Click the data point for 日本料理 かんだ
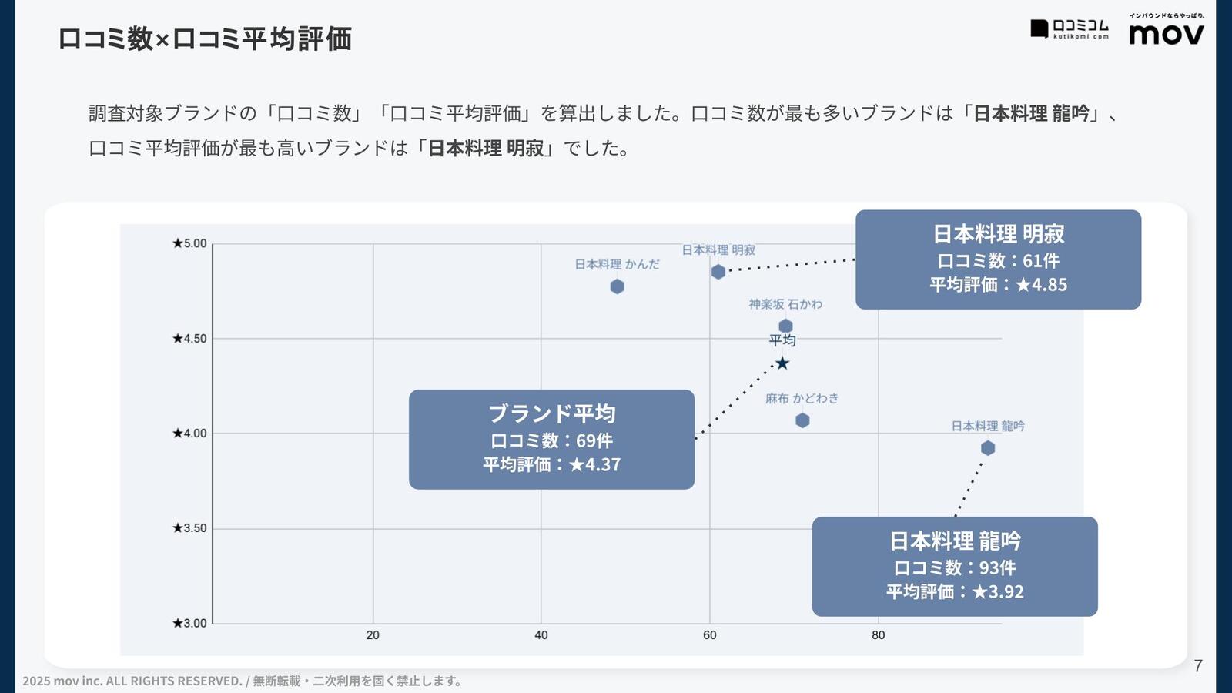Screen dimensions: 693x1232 pos(617,286)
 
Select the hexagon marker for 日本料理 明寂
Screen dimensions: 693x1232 pos(718,272)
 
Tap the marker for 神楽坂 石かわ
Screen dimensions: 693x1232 pos(785,326)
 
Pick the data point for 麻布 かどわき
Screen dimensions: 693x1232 pos(802,420)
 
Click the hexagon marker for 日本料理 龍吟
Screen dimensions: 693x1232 pos(988,448)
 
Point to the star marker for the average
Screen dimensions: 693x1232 pos(782,363)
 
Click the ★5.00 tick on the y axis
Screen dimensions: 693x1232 pos(189,244)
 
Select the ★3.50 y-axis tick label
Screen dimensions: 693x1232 pos(189,528)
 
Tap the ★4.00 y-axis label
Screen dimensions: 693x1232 pos(189,434)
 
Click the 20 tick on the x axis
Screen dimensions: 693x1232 pos(373,635)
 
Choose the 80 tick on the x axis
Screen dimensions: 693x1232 pos(879,635)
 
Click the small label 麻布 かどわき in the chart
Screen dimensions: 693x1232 pos(802,398)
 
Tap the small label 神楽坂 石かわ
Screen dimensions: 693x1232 pos(785,304)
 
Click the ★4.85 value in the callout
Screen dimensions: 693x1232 pos(1041,285)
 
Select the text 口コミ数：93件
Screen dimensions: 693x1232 pos(955,568)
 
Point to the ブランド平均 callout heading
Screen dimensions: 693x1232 pos(552,413)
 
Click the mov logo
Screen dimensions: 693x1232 pos(1167,33)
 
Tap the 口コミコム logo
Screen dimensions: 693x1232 pos(1070,28)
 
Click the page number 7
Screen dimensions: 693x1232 pos(1198,666)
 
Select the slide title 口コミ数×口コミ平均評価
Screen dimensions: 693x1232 pos(205,38)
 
